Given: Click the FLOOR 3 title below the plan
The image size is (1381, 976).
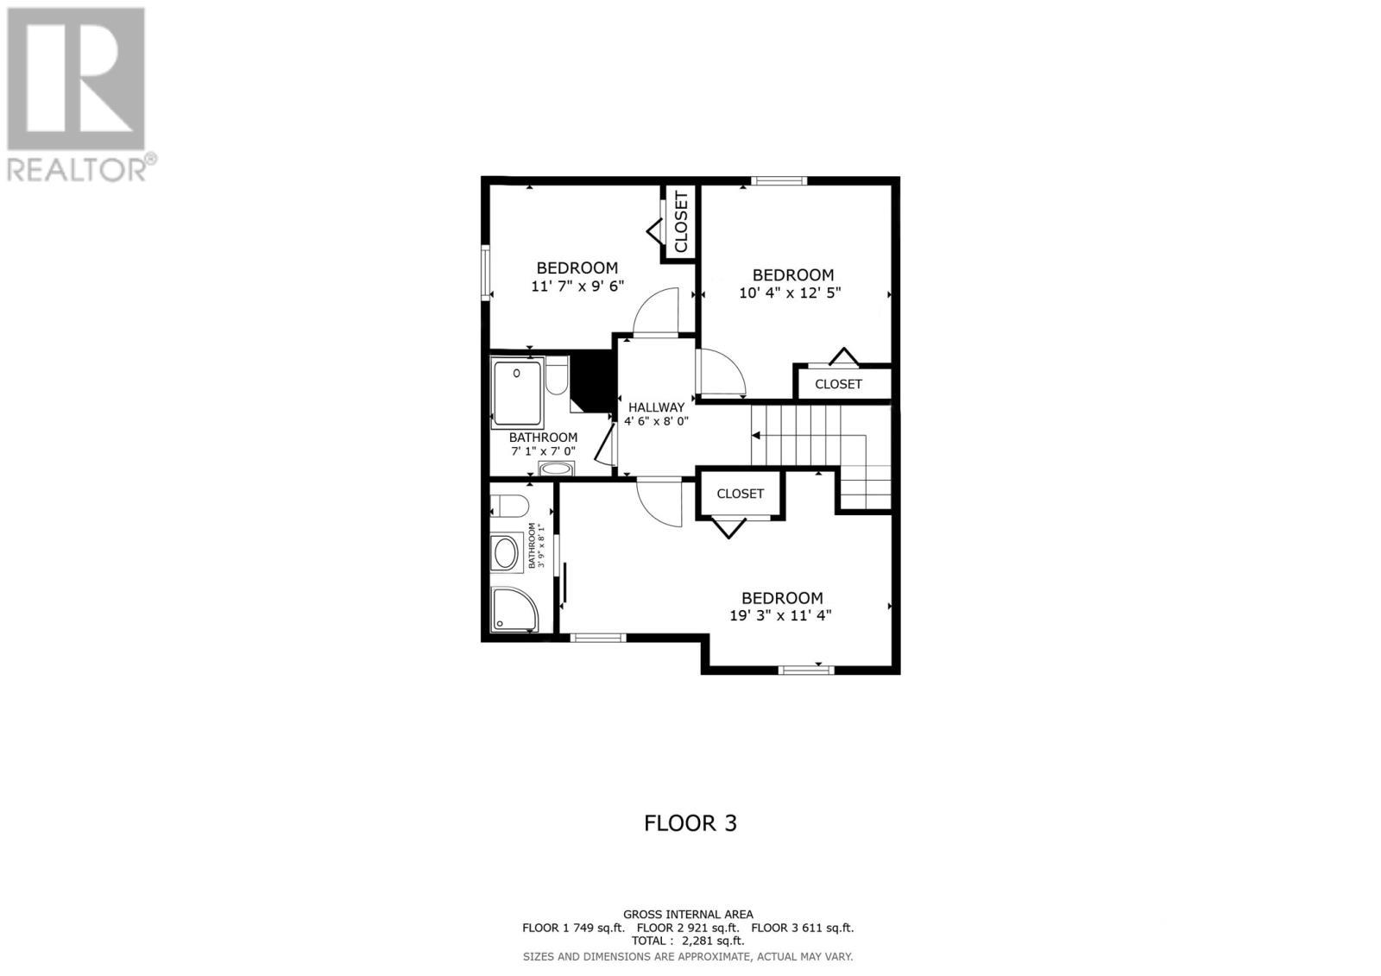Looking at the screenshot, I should pos(690,823).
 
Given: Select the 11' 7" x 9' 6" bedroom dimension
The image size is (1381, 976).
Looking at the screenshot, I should pos(577,286).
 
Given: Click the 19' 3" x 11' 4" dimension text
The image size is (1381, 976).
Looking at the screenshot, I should pos(780,615).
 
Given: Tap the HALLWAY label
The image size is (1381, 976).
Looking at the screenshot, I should pos(656,407).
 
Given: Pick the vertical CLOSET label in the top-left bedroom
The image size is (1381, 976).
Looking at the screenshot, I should pos(681,223).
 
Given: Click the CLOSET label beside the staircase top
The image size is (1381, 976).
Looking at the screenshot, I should pos(838,384).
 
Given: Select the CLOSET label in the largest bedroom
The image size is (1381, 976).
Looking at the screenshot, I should pos(740,494).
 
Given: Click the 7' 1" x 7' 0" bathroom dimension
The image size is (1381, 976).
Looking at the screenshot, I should pos(543,451).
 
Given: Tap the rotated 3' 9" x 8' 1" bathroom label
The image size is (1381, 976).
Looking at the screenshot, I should pos(537,545).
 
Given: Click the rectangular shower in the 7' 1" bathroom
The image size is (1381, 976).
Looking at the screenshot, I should pos(517,394).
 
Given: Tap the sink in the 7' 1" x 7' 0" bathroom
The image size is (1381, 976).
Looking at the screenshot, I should pos(555,469).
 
